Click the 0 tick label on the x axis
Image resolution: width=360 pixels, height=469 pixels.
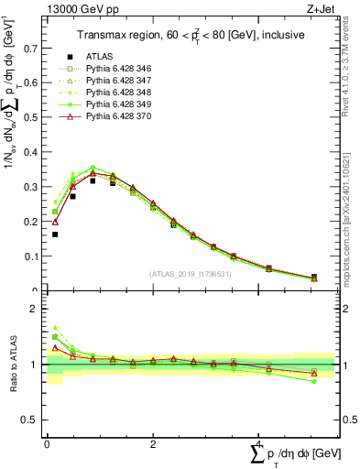pos(47,442)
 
